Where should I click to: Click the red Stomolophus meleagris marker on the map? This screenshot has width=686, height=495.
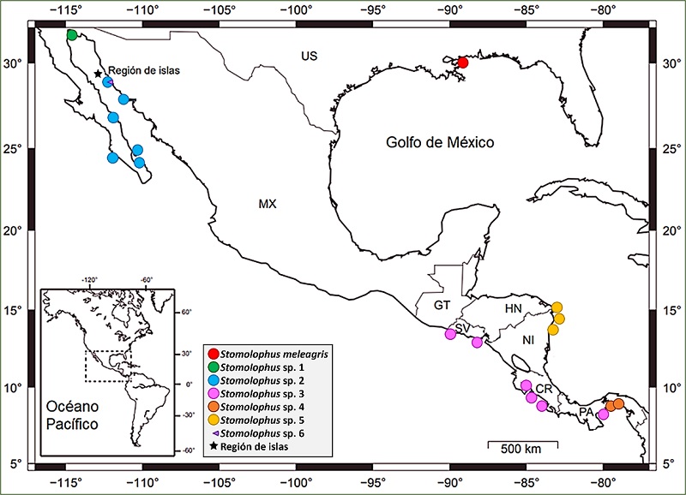pyautogui.click(x=463, y=63)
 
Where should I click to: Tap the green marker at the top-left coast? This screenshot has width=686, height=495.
pyautogui.click(x=72, y=35)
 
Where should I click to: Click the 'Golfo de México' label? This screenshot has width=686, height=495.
pyautogui.click(x=434, y=142)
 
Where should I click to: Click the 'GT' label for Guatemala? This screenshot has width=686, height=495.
pyautogui.click(x=442, y=305)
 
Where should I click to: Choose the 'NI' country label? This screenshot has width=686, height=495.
pyautogui.click(x=528, y=340)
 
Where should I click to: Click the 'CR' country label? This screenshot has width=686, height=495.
pyautogui.click(x=544, y=389)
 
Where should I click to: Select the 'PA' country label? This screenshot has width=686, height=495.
pyautogui.click(x=587, y=413)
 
